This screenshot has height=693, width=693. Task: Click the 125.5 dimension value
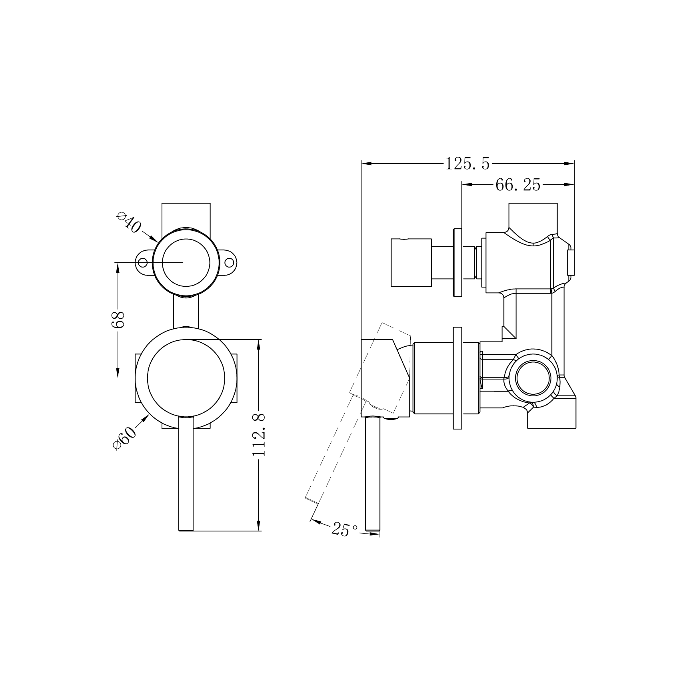click(x=467, y=164)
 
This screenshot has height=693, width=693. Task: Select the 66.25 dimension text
click(x=517, y=185)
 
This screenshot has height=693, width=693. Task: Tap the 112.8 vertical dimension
click(x=260, y=435)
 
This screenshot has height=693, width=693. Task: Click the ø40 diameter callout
click(x=129, y=223)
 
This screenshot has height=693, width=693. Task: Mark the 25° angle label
click(x=345, y=529)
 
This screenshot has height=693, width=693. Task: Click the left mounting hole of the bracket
click(x=143, y=262)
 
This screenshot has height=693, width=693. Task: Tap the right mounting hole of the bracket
click(x=229, y=262)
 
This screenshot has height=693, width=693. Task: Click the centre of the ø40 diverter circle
click(x=186, y=262)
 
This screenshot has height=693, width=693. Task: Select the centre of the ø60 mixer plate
click(x=186, y=378)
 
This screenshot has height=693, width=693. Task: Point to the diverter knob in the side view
click(x=411, y=263)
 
